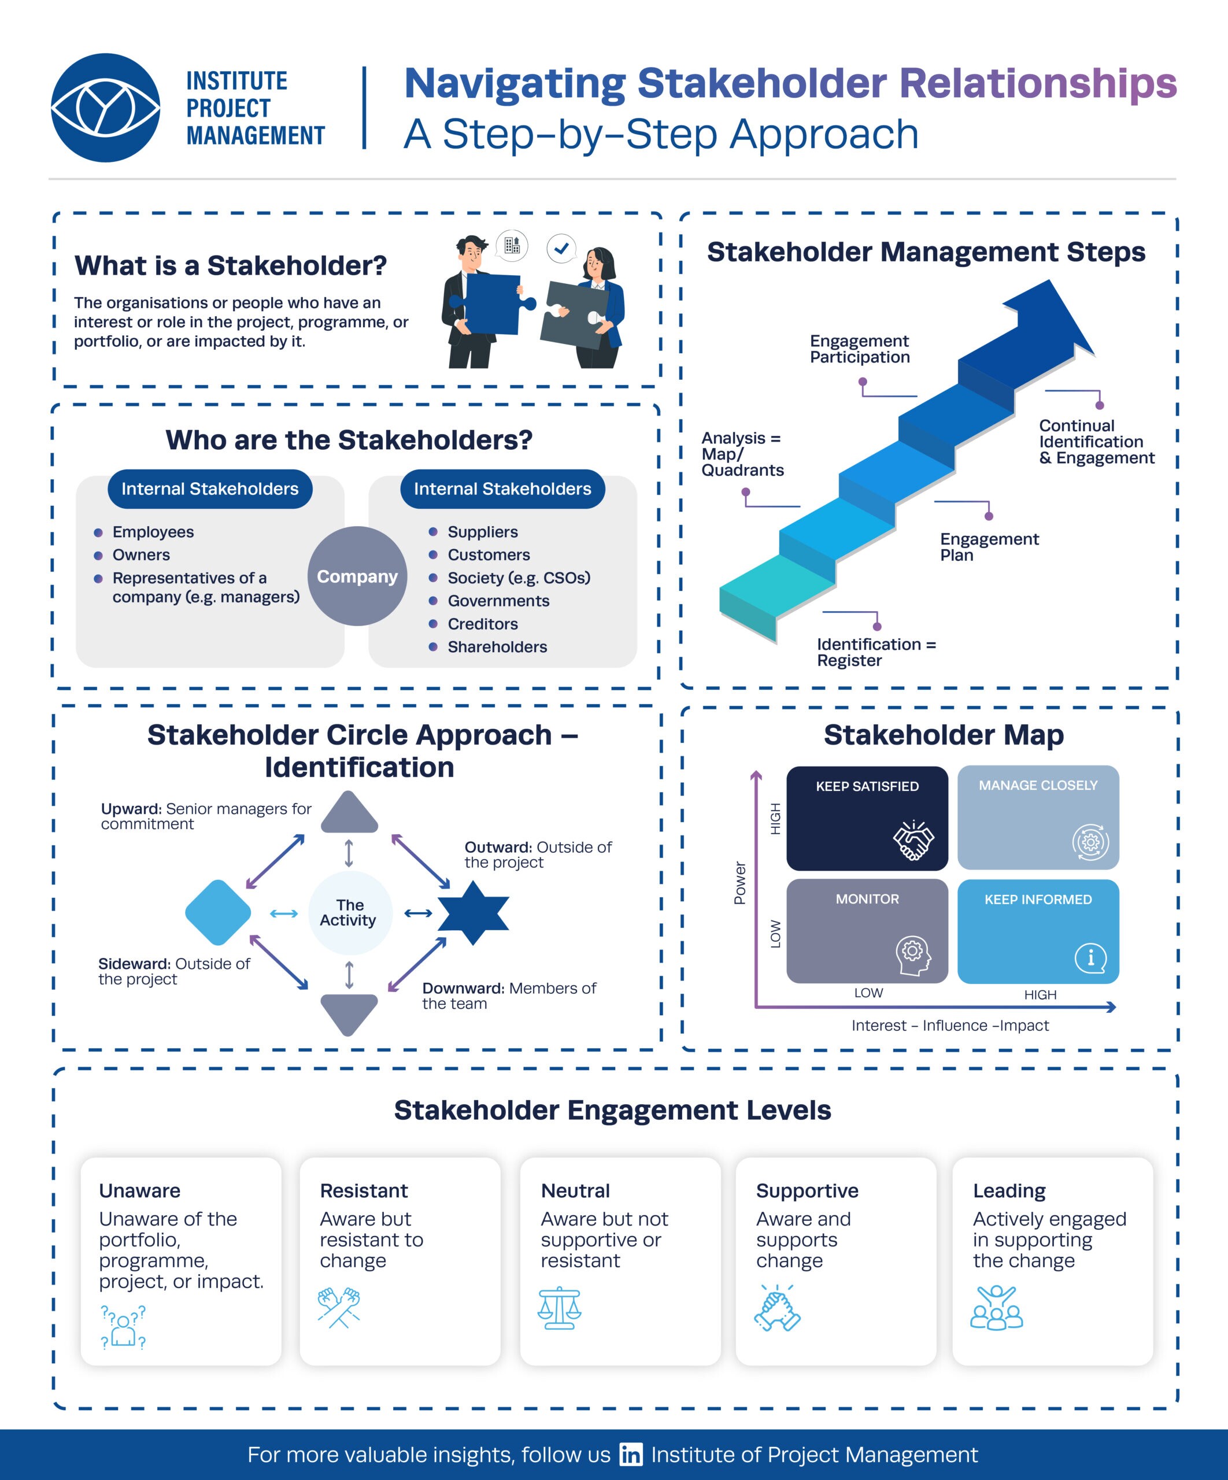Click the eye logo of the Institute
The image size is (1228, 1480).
click(x=106, y=108)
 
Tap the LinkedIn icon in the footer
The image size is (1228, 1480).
click(x=630, y=1454)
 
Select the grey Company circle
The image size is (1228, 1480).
click(x=357, y=576)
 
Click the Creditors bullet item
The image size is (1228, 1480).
click(x=482, y=624)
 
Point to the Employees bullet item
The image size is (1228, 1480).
click(x=152, y=532)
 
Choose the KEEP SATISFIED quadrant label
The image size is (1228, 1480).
click(x=867, y=786)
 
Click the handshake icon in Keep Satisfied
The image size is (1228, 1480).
click(x=913, y=841)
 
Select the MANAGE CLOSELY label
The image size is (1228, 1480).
click(x=1038, y=785)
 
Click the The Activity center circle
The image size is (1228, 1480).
click(x=350, y=913)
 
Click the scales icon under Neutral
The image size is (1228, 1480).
click(x=559, y=1308)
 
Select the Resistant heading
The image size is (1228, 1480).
click(x=364, y=1190)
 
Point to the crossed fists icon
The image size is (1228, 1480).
click(x=339, y=1307)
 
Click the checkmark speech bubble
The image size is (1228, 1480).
click(x=562, y=248)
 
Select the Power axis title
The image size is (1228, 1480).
click(x=739, y=882)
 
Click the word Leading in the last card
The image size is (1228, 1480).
click(x=1009, y=1190)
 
